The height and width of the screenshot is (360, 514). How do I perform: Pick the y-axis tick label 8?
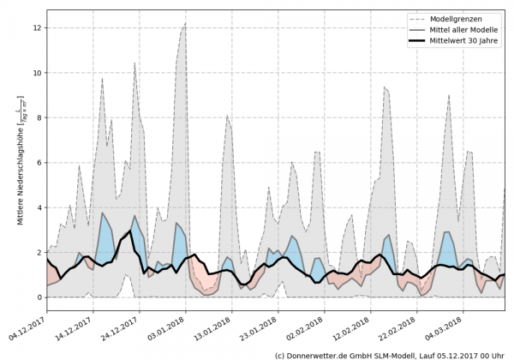tap(39, 118)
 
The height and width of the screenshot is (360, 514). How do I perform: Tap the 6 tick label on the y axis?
tap(39, 163)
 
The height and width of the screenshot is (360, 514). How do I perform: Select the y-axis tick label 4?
tap(39, 207)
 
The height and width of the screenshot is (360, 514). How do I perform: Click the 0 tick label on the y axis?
tap(39, 297)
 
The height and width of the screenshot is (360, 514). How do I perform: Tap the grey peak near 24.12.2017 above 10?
tap(134, 63)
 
